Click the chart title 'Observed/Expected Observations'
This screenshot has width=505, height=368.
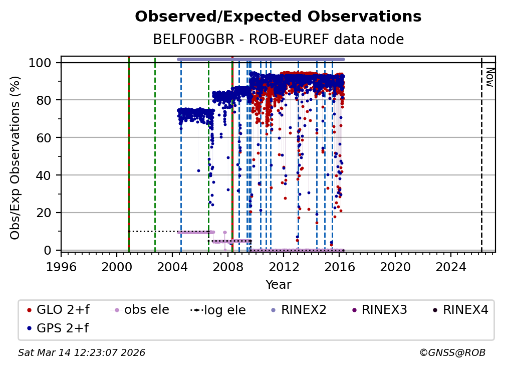coord(278,17)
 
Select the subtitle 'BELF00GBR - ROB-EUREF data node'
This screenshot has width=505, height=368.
coord(278,39)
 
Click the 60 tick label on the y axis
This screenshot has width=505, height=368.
coord(45,137)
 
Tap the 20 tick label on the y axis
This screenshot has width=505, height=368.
coord(45,213)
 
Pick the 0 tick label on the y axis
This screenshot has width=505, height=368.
coord(49,250)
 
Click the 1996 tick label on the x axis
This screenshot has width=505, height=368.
coord(61,268)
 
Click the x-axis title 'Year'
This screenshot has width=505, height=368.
coord(278,285)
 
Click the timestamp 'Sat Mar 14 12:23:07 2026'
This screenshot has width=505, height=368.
coord(82,353)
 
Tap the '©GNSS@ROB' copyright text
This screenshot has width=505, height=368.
coord(452,353)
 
